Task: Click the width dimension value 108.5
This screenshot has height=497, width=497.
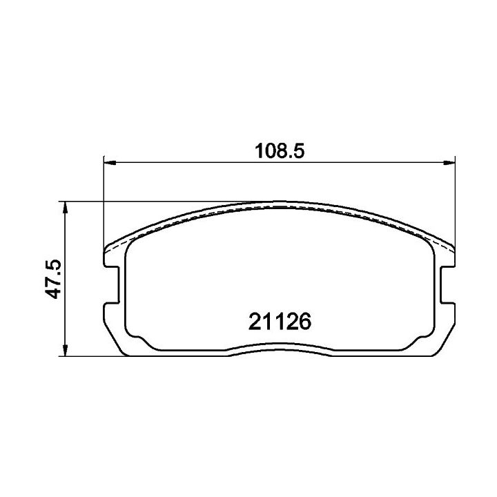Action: pos(280,151)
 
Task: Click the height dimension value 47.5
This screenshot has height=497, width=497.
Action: pos(52,279)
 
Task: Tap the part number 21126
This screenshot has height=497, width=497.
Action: pos(280,322)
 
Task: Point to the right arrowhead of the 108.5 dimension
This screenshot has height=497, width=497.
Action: pos(449,163)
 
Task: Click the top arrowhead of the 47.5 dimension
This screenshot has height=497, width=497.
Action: pos(65,208)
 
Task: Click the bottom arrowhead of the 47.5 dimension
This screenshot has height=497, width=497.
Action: pos(65,349)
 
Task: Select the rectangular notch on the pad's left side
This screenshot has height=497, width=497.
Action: pos(112,285)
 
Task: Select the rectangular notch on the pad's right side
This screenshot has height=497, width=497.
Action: pos(447,285)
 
